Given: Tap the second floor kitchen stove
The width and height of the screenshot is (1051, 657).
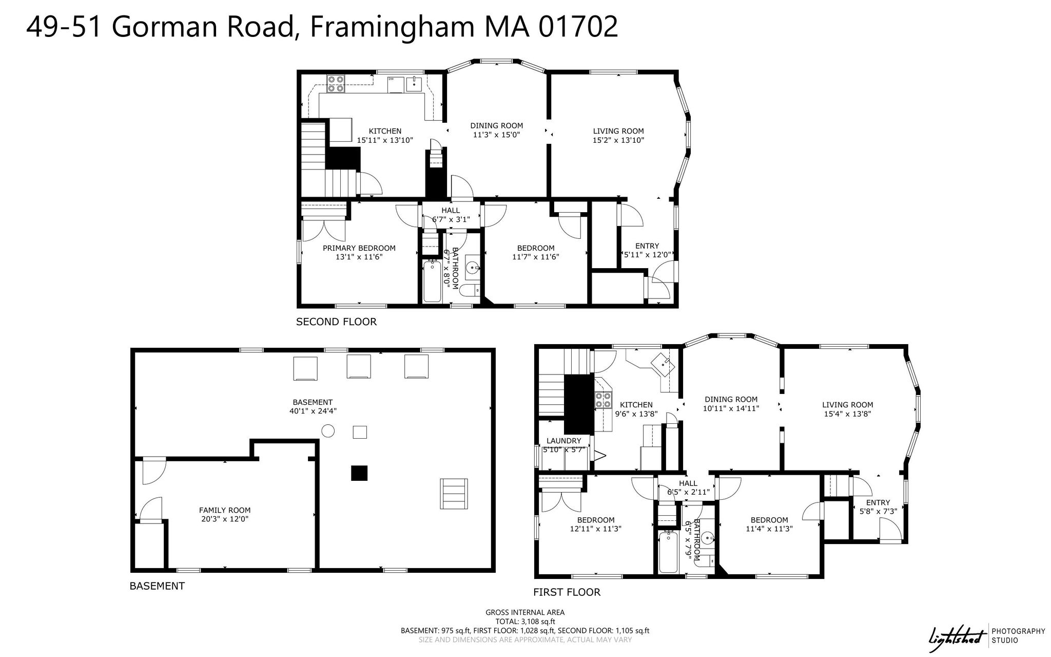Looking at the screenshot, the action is (x=336, y=84).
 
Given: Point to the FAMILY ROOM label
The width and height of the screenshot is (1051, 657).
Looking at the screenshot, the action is (x=225, y=510).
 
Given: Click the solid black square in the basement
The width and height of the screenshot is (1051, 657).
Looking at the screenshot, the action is (x=359, y=473).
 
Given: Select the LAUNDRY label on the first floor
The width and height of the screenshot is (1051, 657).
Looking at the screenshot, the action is (x=564, y=441).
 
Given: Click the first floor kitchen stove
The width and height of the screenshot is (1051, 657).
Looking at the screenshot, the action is (x=603, y=400).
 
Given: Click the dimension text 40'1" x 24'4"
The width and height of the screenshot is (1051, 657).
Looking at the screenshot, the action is (x=313, y=411).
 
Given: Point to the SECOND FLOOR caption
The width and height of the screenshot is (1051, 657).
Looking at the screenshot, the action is (x=336, y=322).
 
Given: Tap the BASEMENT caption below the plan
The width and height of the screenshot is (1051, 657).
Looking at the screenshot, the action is (x=157, y=586).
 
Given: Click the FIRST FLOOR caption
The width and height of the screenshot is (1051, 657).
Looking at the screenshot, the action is (x=567, y=592).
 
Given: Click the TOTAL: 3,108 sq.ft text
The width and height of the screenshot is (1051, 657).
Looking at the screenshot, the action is (x=525, y=622).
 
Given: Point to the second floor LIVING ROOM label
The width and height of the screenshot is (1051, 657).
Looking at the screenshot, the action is (x=618, y=131).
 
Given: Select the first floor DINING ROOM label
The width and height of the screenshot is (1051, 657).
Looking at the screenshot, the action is (x=731, y=400).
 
